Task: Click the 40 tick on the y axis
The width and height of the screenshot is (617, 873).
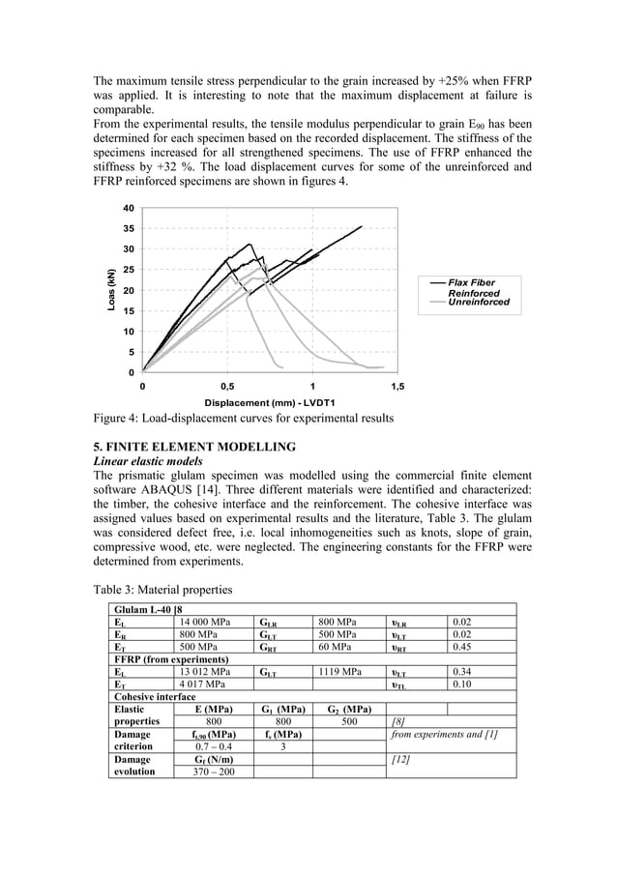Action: coord(128,208)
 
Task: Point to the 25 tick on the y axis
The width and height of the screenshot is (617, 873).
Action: coord(128,270)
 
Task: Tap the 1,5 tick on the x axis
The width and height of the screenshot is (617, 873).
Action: coord(397,385)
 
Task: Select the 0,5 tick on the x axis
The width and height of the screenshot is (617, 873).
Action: coord(227,385)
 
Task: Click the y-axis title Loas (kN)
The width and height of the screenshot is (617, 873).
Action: coord(112,290)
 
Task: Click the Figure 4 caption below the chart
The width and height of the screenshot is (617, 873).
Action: coord(243,419)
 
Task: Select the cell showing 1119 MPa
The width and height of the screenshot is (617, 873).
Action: coord(339,670)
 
